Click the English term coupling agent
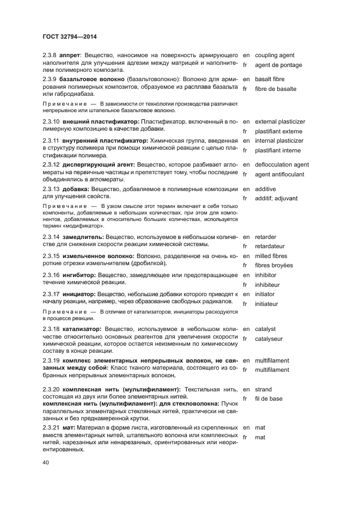coord(274,56)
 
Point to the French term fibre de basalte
coord(276,89)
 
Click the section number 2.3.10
coord(52,121)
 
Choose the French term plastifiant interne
coord(278,150)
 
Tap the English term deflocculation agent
coord(282,164)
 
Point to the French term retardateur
coord(273,246)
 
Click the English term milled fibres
coord(273,256)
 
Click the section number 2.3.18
coord(52,329)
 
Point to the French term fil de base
coord(269,398)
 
